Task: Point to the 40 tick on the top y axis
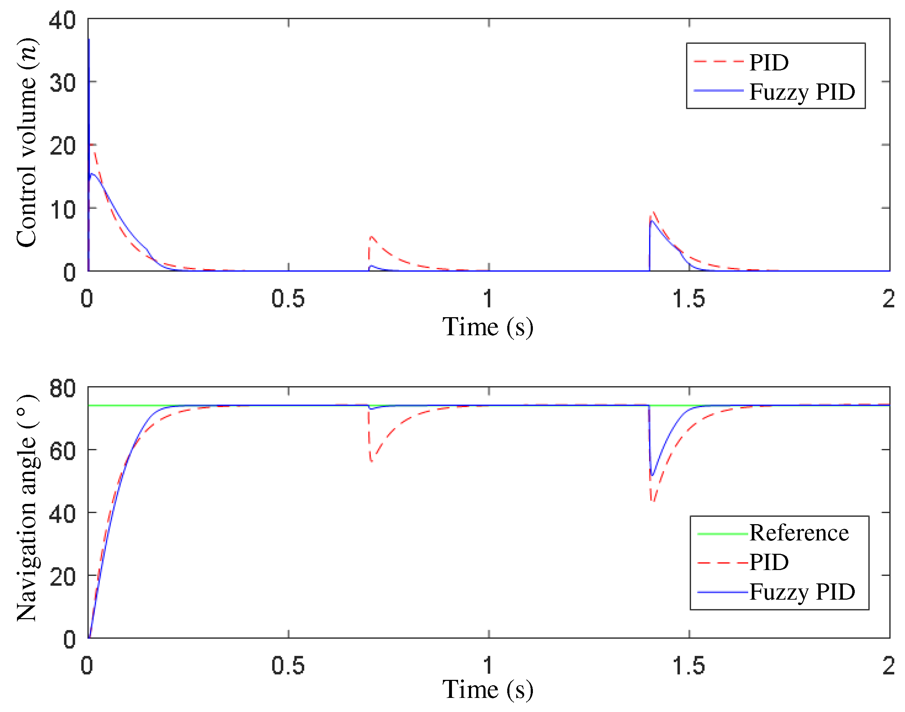point(63,20)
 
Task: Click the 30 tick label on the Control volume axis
point(63,83)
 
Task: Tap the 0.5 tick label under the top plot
point(288,299)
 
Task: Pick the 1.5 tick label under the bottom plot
point(689,666)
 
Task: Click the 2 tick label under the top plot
point(888,299)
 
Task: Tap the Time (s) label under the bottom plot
point(488,690)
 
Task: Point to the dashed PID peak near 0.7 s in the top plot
point(371,236)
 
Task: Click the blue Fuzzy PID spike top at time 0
point(89,40)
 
